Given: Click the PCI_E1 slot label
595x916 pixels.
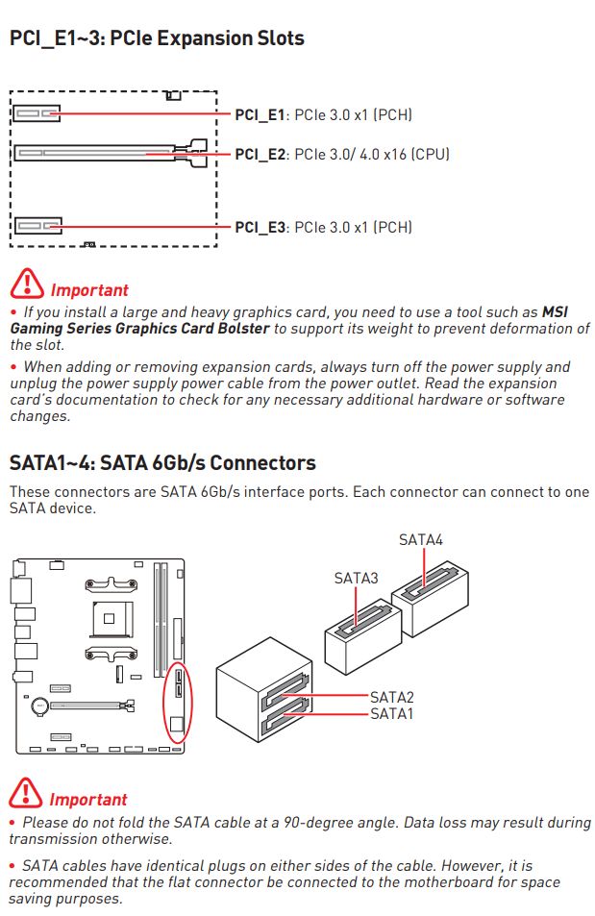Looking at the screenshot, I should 260,115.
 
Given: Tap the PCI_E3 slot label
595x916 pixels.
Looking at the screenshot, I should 260,228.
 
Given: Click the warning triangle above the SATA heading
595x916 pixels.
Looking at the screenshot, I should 26,285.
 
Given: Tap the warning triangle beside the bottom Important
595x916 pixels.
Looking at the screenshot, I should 26,795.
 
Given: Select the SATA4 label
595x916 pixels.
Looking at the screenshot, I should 421,540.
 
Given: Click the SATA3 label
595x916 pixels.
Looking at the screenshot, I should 356,578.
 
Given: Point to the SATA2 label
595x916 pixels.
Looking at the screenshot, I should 391,697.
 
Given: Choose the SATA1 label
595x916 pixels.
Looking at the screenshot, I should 391,714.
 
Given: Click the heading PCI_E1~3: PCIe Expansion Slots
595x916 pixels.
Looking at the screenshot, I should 157,39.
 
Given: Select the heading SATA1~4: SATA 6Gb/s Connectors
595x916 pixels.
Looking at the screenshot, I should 162,463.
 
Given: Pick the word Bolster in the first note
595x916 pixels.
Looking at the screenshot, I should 242,329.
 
